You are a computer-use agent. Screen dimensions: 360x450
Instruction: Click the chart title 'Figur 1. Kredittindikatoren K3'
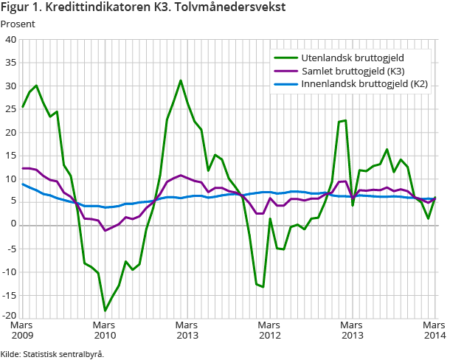(x=143, y=8)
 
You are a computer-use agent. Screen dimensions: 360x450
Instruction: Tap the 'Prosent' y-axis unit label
(x=18, y=24)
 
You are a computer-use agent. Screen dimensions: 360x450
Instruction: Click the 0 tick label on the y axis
(x=13, y=225)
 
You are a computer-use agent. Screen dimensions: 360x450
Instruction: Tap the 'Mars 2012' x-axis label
(x=269, y=330)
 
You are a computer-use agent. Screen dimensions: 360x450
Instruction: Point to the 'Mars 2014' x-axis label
(x=434, y=330)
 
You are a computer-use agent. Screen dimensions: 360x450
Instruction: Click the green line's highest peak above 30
(x=181, y=80)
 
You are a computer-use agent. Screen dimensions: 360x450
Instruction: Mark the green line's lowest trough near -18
(x=105, y=311)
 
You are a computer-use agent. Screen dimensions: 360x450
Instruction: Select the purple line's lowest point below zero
(x=105, y=231)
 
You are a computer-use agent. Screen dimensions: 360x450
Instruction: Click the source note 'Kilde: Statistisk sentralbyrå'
(x=52, y=353)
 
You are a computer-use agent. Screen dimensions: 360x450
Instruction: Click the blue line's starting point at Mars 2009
(x=23, y=184)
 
